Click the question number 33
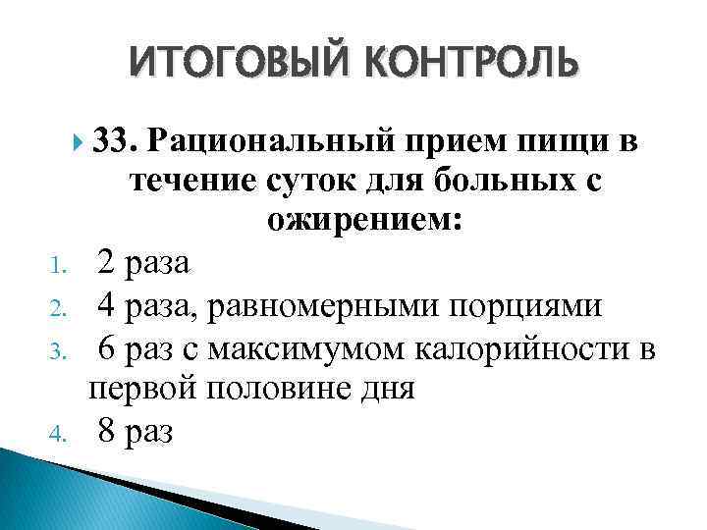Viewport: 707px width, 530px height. pyautogui.click(x=117, y=145)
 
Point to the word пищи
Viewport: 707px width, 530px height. pyautogui.click(x=557, y=145)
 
